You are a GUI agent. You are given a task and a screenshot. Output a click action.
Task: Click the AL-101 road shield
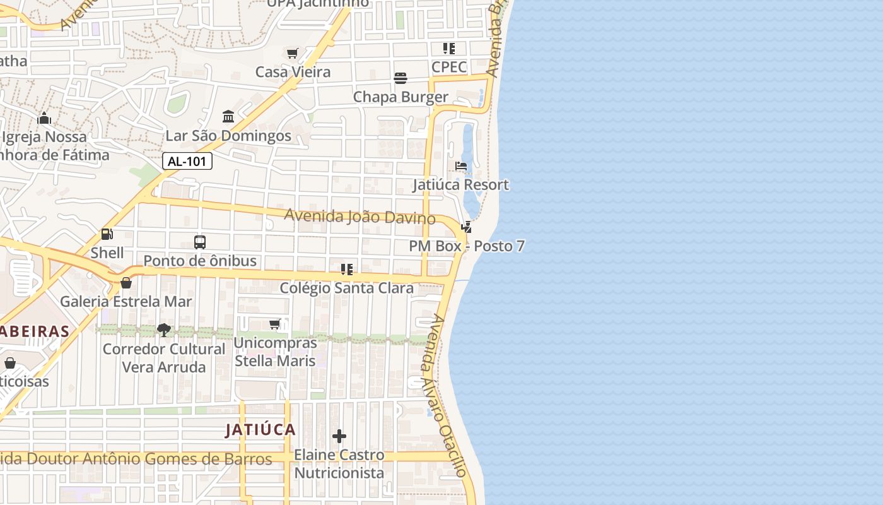click(x=187, y=161)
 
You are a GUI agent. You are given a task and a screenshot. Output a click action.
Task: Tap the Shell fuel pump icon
click(x=107, y=234)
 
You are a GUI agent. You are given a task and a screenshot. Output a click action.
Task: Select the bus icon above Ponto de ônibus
click(x=200, y=242)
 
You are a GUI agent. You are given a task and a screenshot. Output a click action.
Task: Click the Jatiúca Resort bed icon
click(x=461, y=166)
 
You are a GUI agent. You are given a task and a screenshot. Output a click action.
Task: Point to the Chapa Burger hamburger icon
click(x=401, y=78)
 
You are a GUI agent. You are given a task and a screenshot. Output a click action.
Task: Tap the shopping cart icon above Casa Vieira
click(x=292, y=54)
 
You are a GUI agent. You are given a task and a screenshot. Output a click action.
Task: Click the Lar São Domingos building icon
click(x=228, y=117)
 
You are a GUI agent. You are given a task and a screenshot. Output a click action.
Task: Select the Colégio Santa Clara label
click(x=347, y=288)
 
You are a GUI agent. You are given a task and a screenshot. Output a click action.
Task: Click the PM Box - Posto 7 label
click(x=467, y=246)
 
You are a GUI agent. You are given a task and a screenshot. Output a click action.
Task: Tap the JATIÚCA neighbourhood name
click(x=260, y=430)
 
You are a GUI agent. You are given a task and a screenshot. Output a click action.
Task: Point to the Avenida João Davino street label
click(x=360, y=217)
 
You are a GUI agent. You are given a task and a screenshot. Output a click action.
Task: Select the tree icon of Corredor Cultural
click(x=164, y=330)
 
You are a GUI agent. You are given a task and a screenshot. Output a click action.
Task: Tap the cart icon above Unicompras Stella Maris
click(x=274, y=324)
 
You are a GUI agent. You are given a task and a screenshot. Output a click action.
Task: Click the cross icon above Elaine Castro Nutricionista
click(x=339, y=436)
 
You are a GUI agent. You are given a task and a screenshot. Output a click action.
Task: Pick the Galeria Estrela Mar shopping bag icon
click(x=126, y=283)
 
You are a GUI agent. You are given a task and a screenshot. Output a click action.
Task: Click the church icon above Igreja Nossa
click(x=44, y=118)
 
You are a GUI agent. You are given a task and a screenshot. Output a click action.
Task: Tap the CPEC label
click(x=449, y=67)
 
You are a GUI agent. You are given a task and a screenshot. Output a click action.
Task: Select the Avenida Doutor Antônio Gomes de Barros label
click(x=136, y=459)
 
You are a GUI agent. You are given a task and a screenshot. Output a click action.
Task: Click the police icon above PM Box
click(x=466, y=227)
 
